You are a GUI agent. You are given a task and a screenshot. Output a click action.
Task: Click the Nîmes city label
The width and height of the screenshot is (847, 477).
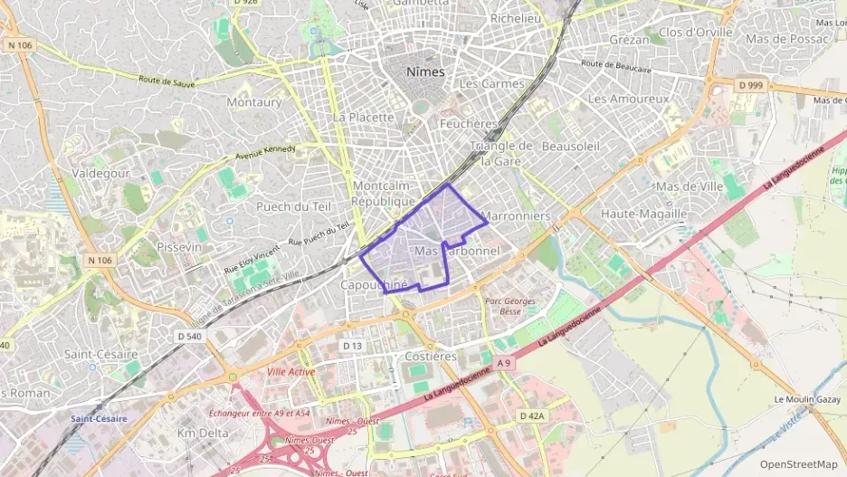pyautogui.click(x=426, y=71)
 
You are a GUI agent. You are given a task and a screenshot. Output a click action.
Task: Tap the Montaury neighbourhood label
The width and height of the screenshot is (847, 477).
pyautogui.click(x=254, y=102)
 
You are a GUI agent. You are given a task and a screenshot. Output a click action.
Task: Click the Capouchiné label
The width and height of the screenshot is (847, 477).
pyautogui.click(x=374, y=284)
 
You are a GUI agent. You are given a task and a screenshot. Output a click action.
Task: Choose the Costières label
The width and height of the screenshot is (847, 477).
pyautogui.click(x=430, y=356)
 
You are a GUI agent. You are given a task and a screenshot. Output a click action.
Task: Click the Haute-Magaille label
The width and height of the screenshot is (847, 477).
pyautogui.click(x=644, y=214)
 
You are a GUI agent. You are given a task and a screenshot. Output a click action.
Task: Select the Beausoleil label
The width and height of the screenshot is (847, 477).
pyautogui.click(x=570, y=146)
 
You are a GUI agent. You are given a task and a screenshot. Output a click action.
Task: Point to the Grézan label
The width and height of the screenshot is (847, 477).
pyautogui.click(x=629, y=40)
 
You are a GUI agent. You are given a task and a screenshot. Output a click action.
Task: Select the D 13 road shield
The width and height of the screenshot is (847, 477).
pyautogui.click(x=353, y=347)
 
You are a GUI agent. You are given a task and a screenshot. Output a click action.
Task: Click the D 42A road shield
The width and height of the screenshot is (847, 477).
pyautogui.click(x=532, y=415)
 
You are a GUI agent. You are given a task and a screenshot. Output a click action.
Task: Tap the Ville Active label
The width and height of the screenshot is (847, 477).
pyautogui.click(x=291, y=372)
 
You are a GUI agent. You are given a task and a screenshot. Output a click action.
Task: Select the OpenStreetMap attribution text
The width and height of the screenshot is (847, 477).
pyautogui.click(x=799, y=464)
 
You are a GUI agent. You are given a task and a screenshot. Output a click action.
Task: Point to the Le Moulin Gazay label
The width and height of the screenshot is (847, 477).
pyautogui.click(x=807, y=399)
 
